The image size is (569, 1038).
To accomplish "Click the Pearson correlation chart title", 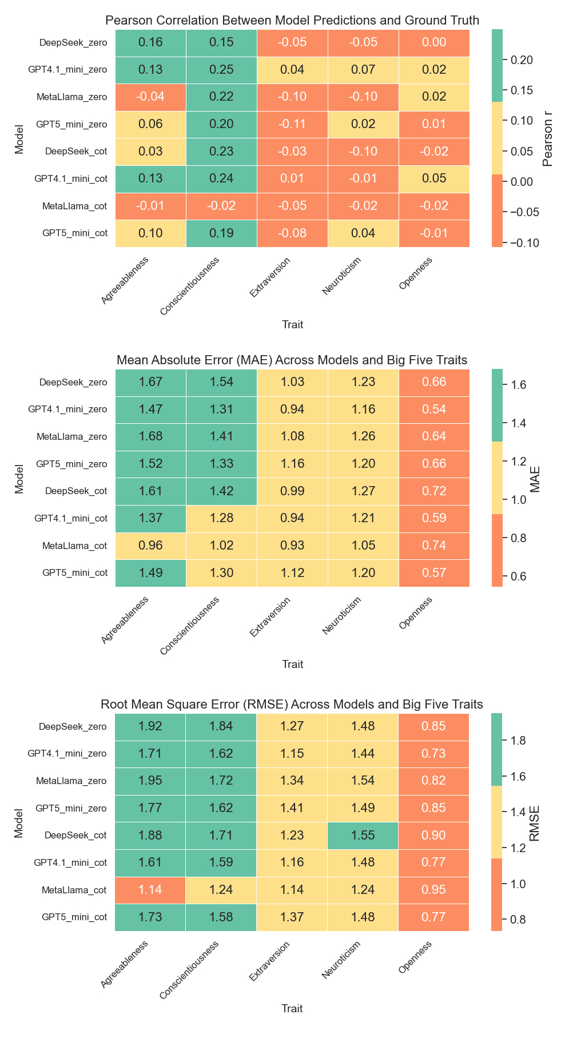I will pos(292,21).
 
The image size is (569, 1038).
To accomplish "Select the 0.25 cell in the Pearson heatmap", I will pos(221,70).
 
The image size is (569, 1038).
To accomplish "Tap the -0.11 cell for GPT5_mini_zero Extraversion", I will pos(292,124).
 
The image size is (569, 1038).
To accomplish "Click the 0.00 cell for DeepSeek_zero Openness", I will pos(434,42).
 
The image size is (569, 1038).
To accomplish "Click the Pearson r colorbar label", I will pos(548,138).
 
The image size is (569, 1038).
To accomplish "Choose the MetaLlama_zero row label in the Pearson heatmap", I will pos(71,97).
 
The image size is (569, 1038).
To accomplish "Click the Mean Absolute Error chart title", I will pos(292,360).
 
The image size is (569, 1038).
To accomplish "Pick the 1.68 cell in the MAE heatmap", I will pos(150,436).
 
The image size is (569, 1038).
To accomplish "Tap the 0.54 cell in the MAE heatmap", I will pos(434,409).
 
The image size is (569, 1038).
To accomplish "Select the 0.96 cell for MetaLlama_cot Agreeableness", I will pos(150,546).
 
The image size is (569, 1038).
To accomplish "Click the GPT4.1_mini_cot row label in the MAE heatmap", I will pos(71,519).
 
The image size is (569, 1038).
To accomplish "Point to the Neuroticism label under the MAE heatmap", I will pos(341,615).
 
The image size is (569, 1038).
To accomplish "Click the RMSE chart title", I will pos(292,704).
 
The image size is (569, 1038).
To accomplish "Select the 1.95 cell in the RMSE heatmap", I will pos(150,781).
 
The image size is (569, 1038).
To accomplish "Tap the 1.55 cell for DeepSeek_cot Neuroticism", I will pos(363,835).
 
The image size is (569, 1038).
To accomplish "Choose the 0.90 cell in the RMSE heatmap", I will pos(434,835).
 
